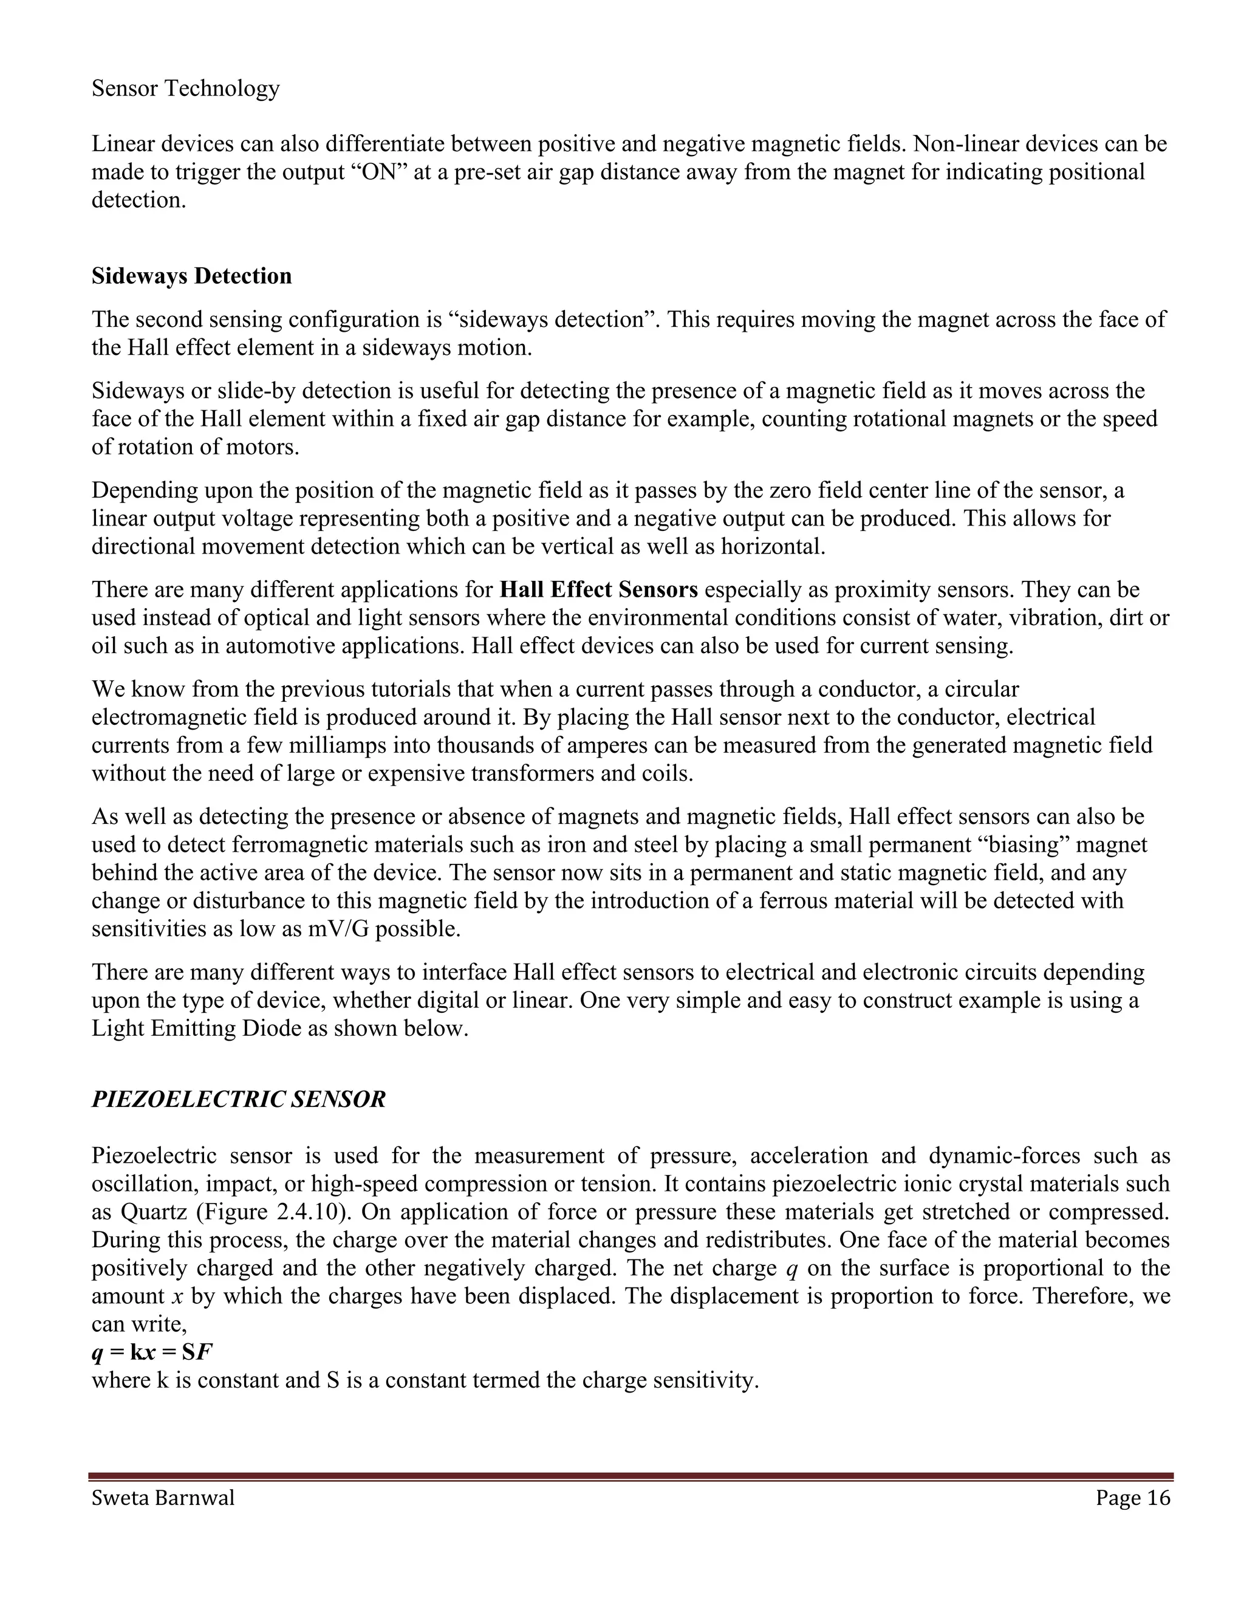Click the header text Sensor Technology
[x=186, y=89]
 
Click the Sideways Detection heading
[x=191, y=276]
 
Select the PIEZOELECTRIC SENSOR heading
[x=239, y=1099]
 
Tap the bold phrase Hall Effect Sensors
[x=598, y=590]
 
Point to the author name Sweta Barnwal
[x=163, y=1498]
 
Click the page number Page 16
[x=1132, y=1498]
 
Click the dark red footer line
[x=630, y=1476]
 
